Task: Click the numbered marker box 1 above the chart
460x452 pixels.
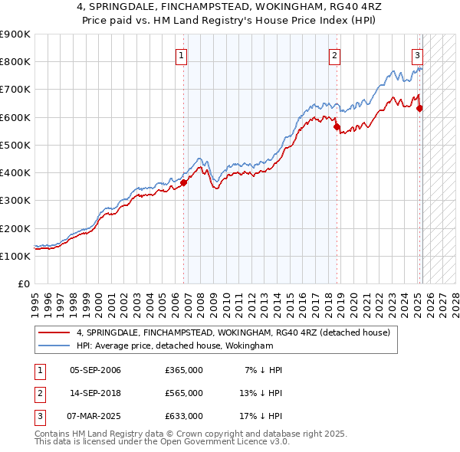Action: point(182,54)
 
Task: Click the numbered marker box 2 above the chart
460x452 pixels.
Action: point(335,54)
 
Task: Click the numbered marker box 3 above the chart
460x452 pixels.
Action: point(417,54)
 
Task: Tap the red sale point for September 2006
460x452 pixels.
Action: point(183,182)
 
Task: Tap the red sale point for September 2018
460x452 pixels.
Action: point(337,127)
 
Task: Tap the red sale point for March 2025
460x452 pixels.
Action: point(419,108)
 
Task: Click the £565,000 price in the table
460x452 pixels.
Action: point(184,393)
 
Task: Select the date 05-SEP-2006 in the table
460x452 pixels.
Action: point(95,370)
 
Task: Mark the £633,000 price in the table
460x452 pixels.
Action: point(184,416)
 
